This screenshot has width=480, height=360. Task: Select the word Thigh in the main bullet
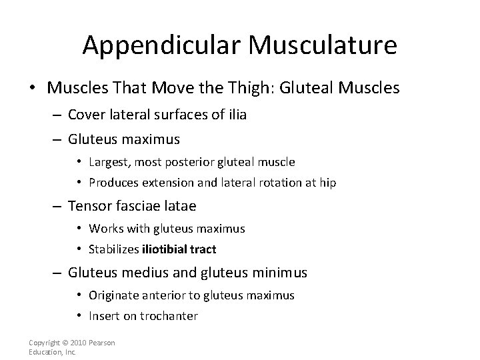235,87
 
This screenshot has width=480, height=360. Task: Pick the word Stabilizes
113,250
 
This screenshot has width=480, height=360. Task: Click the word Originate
117,295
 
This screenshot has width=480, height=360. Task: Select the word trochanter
169,316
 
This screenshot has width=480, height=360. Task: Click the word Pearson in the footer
102,343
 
